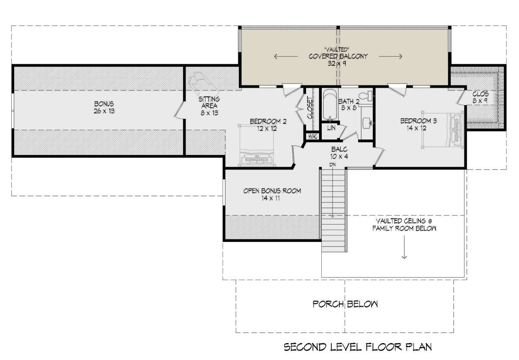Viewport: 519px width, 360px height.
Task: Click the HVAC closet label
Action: point(313,137)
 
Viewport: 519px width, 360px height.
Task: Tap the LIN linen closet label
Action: point(331,128)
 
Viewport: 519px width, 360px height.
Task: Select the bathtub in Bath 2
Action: point(330,105)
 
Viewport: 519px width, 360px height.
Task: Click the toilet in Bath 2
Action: point(365,96)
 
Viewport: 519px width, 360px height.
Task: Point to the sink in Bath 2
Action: point(367,122)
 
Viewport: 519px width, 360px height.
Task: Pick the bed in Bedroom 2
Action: point(256,145)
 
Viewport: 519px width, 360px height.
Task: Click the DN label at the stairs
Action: point(333,164)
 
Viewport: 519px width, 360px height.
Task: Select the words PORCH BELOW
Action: point(345,304)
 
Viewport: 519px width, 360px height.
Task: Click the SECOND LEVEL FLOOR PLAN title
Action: point(358,347)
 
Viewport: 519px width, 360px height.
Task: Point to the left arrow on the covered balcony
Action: point(286,56)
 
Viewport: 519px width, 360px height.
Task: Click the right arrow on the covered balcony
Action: point(391,56)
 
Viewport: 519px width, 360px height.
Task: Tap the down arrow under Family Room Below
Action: point(404,247)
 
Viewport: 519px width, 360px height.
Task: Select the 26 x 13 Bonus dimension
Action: point(104,111)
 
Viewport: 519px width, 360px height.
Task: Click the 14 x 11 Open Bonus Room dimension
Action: point(271,198)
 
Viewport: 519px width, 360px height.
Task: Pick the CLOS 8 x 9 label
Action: point(481,97)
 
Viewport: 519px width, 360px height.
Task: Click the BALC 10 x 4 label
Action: point(339,153)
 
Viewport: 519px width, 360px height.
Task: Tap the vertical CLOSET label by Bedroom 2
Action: point(310,108)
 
